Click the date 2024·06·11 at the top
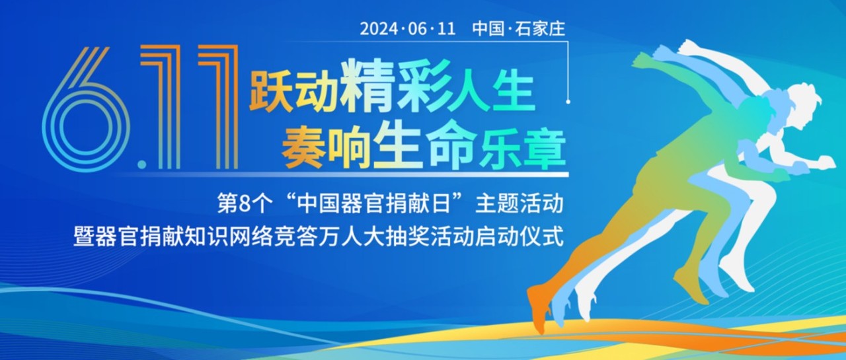tap(408, 29)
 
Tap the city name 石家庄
tap(540, 29)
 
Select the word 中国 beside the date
tap(488, 29)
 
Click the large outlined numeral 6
tap(86, 110)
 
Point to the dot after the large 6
tap(142, 164)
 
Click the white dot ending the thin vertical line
tap(568, 102)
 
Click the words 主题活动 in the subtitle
tap(519, 204)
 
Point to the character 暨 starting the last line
tap(83, 236)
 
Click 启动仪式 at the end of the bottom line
tap(519, 236)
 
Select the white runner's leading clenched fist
tap(827, 162)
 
